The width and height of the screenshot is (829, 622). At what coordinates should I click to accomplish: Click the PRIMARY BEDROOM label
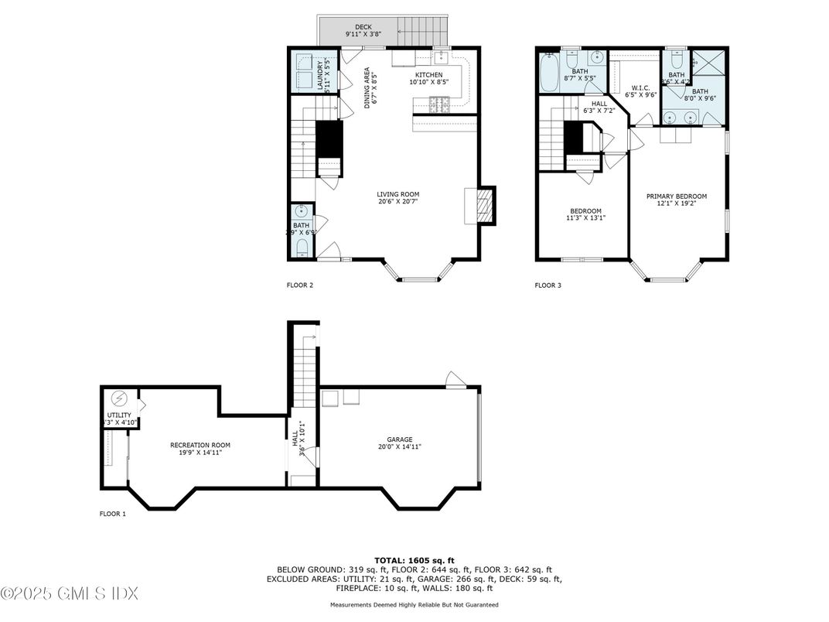(677, 197)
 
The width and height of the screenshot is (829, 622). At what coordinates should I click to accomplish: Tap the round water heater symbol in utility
(118, 398)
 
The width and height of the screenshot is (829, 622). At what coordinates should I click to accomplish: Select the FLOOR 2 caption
(299, 285)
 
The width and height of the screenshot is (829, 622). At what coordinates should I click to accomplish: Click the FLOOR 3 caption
(548, 285)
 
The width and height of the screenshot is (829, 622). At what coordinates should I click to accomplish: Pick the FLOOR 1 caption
(112, 514)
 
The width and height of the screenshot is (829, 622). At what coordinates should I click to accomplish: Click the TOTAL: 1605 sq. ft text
(414, 559)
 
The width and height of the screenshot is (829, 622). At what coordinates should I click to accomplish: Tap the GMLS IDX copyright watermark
(70, 594)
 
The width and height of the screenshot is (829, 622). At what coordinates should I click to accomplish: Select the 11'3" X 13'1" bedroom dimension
(585, 218)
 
